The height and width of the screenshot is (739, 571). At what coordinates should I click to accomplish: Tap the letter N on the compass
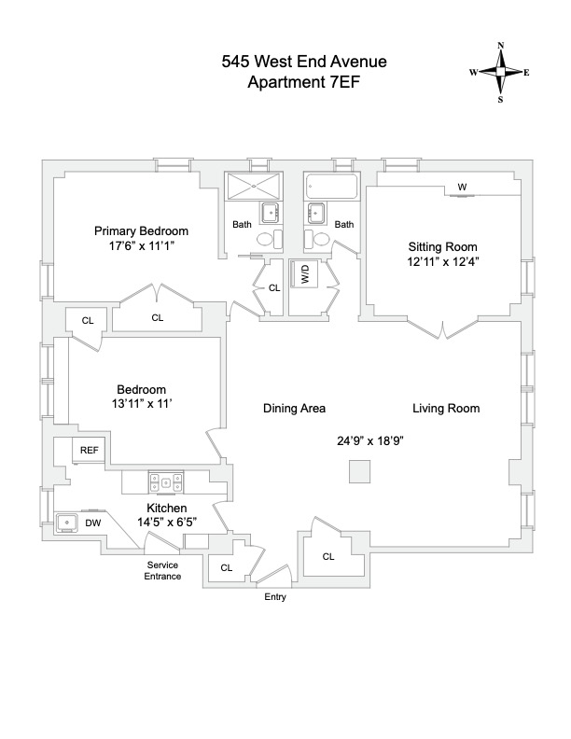point(501,46)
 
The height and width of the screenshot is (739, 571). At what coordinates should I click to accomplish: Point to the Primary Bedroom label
point(142,231)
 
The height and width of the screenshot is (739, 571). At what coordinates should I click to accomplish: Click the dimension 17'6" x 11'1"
point(142,247)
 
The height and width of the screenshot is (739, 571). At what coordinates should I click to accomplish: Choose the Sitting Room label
point(442,246)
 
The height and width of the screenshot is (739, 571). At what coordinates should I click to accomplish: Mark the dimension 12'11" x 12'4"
point(442,262)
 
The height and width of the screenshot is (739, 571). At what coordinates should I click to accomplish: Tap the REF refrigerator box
point(90,450)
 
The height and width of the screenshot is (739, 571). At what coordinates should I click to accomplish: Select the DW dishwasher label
point(93,523)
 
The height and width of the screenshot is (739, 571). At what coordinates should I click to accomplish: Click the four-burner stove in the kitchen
point(165,482)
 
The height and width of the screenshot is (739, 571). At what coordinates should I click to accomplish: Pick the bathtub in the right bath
point(329,186)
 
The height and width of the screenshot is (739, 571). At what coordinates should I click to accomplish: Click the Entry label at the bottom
point(275,597)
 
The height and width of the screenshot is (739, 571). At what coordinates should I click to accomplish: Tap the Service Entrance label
point(162,571)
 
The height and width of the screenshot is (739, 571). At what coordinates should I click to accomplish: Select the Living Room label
point(447,409)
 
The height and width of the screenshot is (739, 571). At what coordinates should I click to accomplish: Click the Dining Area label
point(294,409)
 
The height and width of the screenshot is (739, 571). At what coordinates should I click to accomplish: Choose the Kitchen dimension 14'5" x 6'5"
point(165,523)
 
